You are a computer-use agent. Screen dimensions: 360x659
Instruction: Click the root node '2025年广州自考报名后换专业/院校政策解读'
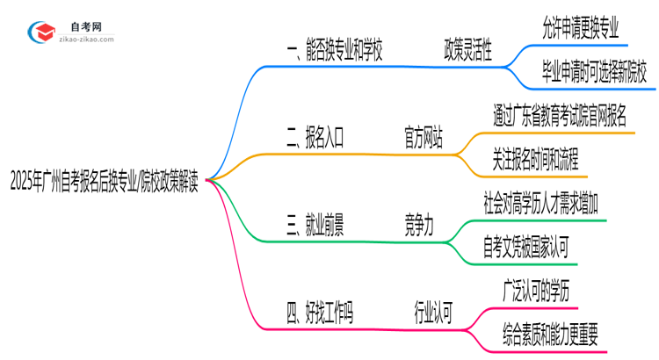[104, 184]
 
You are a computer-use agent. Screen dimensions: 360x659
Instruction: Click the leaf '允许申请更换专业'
[580, 28]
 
